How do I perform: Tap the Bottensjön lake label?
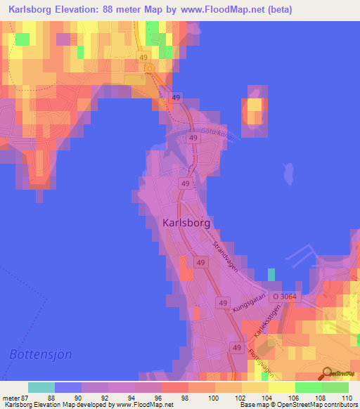41,353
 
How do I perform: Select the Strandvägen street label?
225,257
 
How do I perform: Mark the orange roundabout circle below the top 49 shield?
149,68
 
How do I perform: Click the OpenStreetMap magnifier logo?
326,373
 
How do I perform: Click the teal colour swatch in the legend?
41,387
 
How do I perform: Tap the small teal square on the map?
271,273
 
